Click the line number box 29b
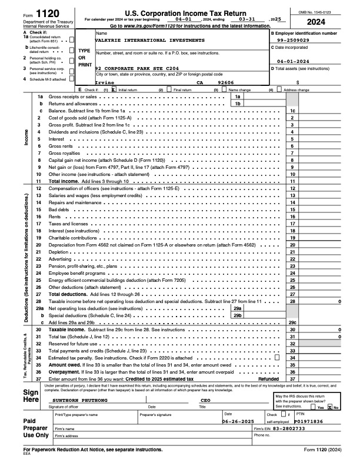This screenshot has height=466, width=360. pos(238,315)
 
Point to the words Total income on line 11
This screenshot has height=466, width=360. pos(64,181)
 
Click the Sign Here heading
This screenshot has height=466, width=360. pos(15,395)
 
